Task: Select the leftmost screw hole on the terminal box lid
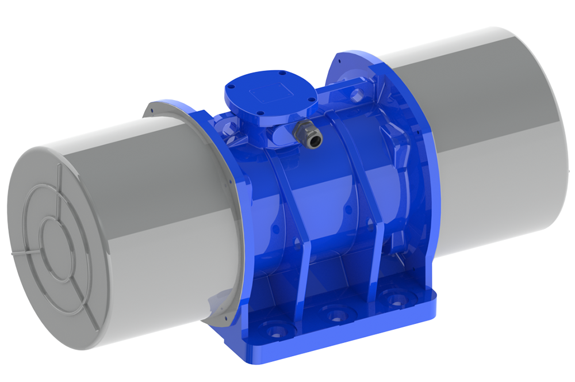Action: [x=229, y=87]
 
